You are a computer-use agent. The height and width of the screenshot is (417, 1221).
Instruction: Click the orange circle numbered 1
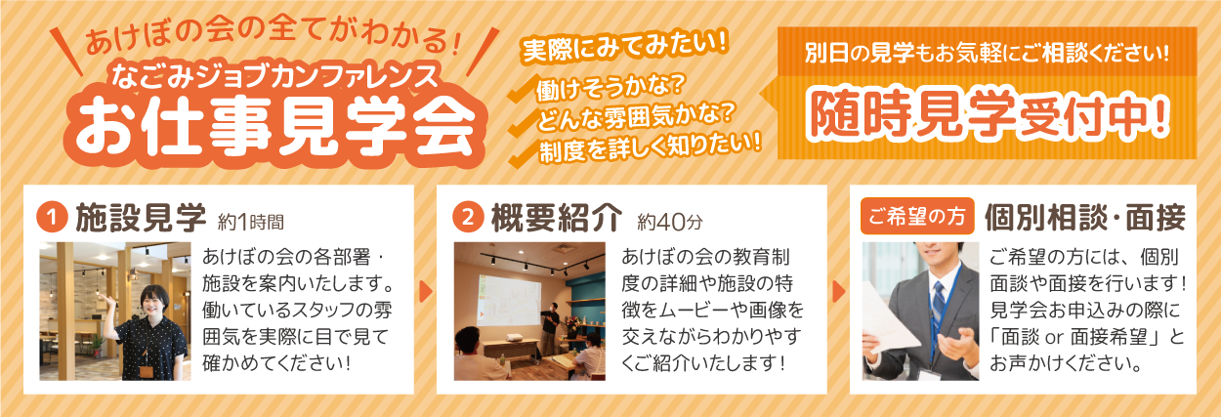[52, 218]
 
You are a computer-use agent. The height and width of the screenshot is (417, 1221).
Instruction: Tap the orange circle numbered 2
[468, 218]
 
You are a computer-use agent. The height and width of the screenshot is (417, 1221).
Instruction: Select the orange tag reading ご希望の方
[917, 217]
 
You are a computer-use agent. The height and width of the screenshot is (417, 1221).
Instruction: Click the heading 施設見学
[141, 218]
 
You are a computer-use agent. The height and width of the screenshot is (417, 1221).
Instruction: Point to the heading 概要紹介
[557, 218]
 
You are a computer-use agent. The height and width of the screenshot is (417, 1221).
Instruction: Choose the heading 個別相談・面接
[1084, 218]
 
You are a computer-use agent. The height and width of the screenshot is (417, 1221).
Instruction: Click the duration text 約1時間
[251, 222]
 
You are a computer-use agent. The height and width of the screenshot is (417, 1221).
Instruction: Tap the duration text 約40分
[670, 222]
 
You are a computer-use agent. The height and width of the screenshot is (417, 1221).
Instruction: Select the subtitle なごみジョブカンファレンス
[274, 75]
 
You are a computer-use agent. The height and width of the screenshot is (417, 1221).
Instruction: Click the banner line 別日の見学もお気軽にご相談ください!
[987, 53]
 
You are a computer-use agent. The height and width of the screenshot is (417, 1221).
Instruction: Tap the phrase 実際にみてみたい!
[625, 47]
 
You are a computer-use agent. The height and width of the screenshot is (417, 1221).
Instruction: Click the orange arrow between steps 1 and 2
[426, 292]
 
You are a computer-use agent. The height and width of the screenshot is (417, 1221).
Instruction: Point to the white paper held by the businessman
[890, 317]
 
